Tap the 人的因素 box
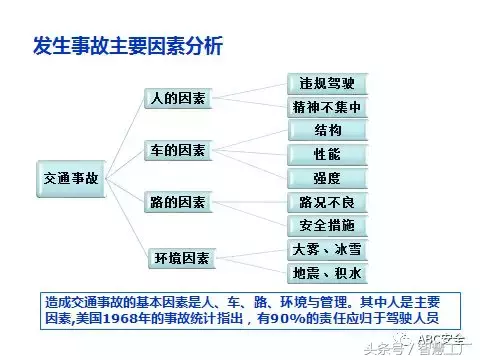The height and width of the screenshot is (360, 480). point(177,99)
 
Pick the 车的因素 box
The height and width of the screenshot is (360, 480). point(177,151)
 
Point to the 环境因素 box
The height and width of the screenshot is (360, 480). point(177,258)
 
